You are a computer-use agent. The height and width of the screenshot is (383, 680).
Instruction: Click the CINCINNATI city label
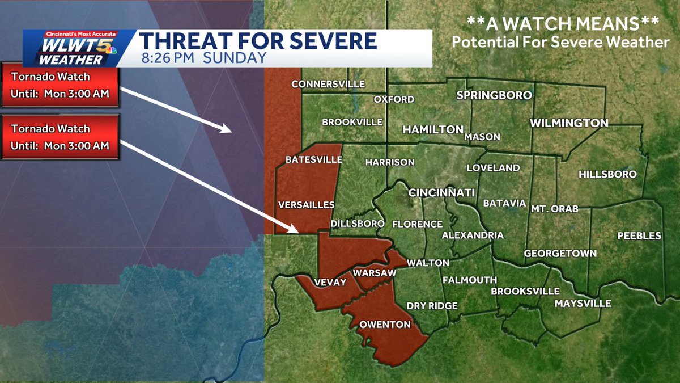(x=441, y=193)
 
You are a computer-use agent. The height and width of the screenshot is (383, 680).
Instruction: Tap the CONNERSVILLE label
(x=328, y=84)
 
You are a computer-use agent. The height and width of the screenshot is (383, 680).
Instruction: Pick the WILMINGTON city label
(x=569, y=123)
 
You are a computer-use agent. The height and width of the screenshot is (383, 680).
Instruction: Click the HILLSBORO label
(x=607, y=174)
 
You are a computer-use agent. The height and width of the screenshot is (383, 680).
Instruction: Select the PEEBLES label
(x=639, y=235)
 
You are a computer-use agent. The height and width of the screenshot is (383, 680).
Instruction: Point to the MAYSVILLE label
(x=583, y=304)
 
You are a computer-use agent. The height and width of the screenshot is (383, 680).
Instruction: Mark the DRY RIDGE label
(x=432, y=306)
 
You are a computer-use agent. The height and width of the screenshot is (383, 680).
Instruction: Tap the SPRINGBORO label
(x=494, y=95)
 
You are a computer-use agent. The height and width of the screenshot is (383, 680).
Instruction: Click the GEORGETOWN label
(x=560, y=253)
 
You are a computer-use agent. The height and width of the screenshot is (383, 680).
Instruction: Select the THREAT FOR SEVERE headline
(x=258, y=41)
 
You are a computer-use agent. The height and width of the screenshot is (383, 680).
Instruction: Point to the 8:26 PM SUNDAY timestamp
(x=202, y=58)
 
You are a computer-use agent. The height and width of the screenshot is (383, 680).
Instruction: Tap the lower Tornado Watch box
(x=60, y=137)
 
